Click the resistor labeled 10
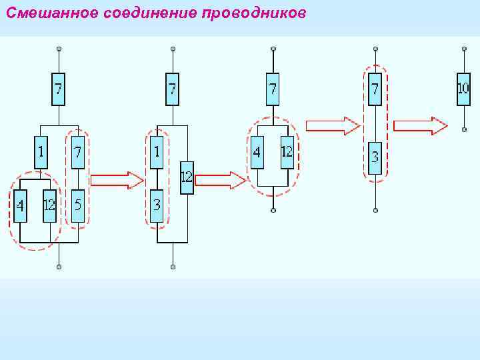coord(463,88)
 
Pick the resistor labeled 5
coord(78,205)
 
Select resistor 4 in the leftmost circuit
coord(21,205)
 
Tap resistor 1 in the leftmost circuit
coord(41,152)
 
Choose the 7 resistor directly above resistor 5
coord(78,152)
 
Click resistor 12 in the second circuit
coord(187,177)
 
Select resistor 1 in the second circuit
coord(157,152)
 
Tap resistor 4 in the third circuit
coord(257,152)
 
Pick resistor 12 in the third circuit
coord(287,152)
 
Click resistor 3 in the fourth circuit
coord(375,158)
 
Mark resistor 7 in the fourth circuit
coord(375,88)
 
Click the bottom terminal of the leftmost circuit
coord(59,267)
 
